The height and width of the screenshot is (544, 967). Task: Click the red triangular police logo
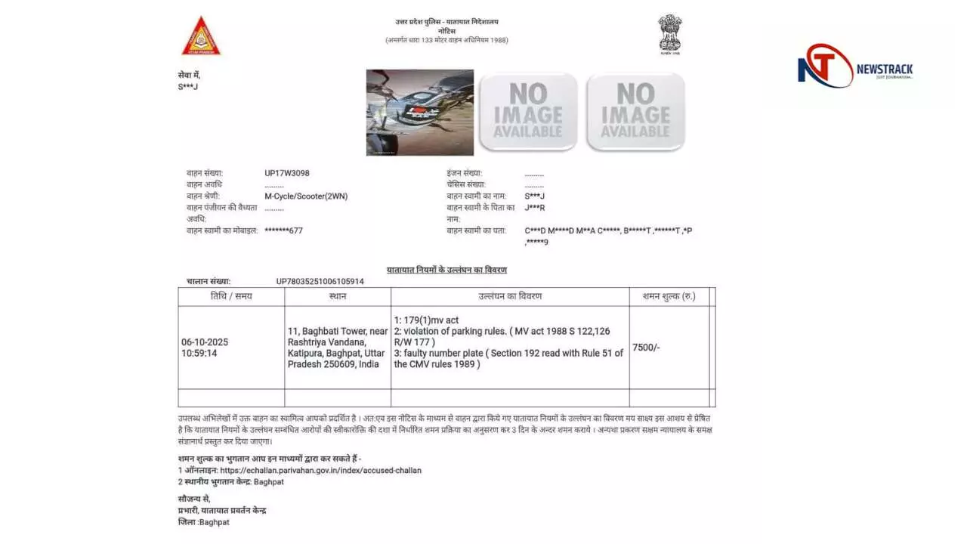201,37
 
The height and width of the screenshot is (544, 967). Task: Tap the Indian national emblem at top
669,34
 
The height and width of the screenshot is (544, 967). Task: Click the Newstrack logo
855,66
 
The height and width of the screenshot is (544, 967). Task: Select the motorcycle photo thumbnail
420,113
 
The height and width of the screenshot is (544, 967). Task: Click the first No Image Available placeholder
528,112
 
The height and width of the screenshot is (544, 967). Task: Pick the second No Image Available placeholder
635,112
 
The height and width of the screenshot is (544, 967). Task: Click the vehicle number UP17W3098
287,173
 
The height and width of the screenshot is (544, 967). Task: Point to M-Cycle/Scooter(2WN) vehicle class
306,196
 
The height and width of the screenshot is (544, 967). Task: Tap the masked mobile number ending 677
283,230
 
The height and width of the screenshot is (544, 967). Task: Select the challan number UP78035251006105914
320,281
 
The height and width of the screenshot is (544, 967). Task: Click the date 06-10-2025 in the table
205,342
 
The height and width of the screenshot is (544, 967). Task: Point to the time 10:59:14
200,353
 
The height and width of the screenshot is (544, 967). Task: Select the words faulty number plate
443,353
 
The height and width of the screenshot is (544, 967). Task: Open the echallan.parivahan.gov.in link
320,470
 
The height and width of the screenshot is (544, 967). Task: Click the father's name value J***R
535,207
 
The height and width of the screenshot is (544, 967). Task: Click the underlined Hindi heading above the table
446,270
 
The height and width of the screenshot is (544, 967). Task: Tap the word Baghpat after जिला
214,522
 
